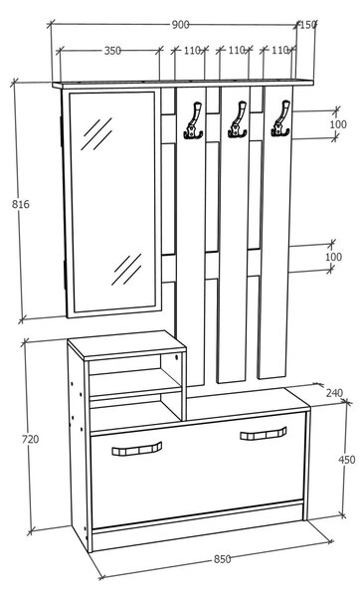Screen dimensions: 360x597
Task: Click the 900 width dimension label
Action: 180,25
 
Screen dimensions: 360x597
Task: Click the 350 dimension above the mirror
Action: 112,51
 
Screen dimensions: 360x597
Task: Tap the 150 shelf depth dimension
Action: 308,25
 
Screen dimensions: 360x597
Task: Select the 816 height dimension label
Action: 21,204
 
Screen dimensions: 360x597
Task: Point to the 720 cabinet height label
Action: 30,439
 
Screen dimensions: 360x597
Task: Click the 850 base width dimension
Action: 222,559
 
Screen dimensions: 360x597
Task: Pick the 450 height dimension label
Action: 347,460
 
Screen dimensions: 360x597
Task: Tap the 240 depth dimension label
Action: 334,393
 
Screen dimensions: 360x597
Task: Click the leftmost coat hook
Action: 194,120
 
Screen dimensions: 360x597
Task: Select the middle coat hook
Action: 238,119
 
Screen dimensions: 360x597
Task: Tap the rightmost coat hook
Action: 280,118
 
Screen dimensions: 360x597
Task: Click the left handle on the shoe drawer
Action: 137,449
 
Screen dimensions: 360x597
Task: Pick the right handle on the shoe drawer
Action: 264,433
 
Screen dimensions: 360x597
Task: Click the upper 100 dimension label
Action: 338,124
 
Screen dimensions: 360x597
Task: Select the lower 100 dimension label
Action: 333,257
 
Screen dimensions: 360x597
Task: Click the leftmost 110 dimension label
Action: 193,51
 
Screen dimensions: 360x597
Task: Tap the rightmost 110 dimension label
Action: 279,50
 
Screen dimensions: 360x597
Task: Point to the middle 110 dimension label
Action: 237,50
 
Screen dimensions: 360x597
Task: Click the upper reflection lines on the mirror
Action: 96,134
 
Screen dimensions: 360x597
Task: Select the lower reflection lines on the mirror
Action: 126,270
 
